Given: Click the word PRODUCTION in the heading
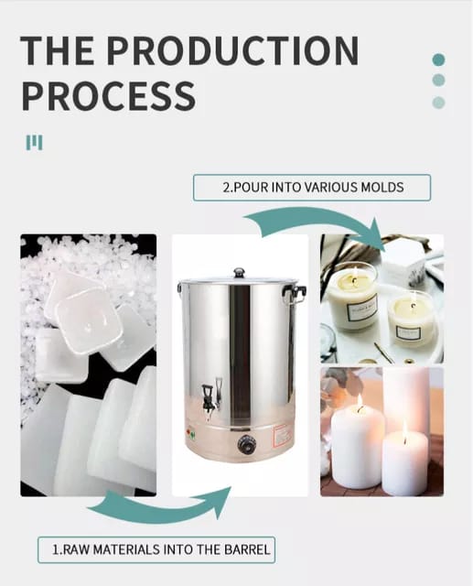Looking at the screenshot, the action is click(233, 50).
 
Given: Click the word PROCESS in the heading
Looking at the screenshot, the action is click(108, 95).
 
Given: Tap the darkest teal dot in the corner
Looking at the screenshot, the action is click(438, 60).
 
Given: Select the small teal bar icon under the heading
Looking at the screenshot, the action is click(35, 143).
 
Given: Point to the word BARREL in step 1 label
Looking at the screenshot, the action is click(247, 549).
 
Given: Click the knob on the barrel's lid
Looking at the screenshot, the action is click(239, 272).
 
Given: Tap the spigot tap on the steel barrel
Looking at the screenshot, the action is click(207, 396).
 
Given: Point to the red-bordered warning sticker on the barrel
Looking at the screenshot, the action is click(282, 436).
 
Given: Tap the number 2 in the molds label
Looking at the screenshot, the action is click(226, 187).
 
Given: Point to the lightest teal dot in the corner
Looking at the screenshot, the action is click(438, 103).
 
